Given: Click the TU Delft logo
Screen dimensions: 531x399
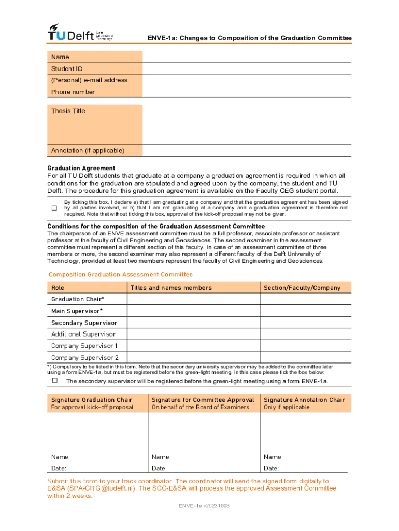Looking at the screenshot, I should [x=80, y=33].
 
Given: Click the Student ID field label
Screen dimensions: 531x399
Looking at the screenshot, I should [x=67, y=69].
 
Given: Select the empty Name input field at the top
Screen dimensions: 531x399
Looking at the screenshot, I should [x=247, y=57].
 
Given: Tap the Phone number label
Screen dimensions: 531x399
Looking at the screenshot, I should [x=73, y=92].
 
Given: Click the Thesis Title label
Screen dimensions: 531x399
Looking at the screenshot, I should [x=68, y=111].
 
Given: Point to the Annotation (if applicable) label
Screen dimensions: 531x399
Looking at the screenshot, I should [x=88, y=151].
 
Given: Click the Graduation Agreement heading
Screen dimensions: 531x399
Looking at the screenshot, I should [x=81, y=169].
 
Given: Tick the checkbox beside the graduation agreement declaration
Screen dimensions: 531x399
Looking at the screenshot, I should [x=54, y=208].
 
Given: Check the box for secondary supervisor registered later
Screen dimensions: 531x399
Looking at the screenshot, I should [x=54, y=380].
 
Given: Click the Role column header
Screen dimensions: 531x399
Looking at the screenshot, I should [x=58, y=288].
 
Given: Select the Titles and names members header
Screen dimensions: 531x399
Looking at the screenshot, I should [x=171, y=288].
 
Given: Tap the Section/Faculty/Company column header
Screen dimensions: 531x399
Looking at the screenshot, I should [x=302, y=288].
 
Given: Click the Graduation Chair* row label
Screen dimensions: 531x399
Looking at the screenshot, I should [x=77, y=299].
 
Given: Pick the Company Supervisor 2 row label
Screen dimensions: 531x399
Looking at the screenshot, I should [x=84, y=358].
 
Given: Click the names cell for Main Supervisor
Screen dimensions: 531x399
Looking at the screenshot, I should [x=193, y=311].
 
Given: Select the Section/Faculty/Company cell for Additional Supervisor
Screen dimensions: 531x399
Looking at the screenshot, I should [x=305, y=334].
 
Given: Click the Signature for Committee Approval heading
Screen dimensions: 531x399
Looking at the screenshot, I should [x=203, y=400].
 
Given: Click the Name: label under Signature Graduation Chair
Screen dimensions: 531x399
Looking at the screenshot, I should [x=60, y=457].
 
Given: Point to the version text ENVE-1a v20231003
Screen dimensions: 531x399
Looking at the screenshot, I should [x=204, y=506].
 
